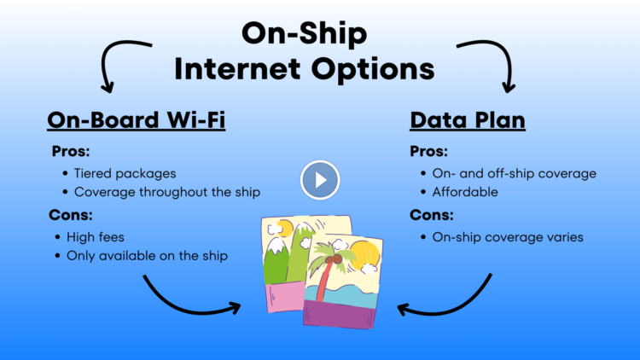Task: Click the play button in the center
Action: tap(320, 180)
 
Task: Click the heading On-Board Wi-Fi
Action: tap(136, 119)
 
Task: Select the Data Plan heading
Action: tap(468, 119)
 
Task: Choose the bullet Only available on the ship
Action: tap(147, 255)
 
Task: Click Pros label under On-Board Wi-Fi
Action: tap(71, 151)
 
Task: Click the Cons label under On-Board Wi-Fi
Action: tap(73, 214)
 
